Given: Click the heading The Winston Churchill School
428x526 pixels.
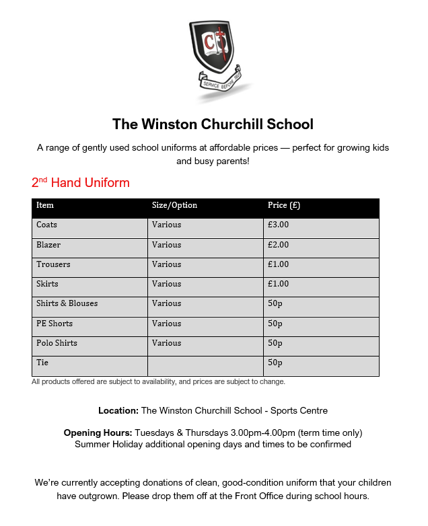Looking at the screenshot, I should [213, 124].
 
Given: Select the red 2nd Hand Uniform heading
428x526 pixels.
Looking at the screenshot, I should [80, 183].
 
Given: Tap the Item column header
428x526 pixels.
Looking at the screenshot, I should [45, 205].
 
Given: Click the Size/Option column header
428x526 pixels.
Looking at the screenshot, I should [174, 205].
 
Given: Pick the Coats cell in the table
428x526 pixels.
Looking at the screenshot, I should [47, 225].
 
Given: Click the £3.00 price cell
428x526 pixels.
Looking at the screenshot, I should [278, 225].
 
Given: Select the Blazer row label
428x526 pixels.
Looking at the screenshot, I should [48, 245].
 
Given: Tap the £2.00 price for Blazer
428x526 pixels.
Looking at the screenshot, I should [278, 245].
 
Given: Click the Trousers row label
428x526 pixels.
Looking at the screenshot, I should [53, 264].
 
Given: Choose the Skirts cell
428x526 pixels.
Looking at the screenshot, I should [47, 284].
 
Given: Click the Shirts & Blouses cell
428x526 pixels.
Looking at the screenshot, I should [67, 303].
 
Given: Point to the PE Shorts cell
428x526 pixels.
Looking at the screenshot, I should [55, 324].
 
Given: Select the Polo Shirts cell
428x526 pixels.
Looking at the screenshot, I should [57, 343].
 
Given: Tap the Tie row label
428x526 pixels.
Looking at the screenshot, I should [42, 363].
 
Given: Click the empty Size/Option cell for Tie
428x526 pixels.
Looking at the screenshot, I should [205, 365].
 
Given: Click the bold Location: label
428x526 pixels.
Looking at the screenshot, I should [118, 410].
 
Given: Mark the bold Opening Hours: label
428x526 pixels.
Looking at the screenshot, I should [98, 433].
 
